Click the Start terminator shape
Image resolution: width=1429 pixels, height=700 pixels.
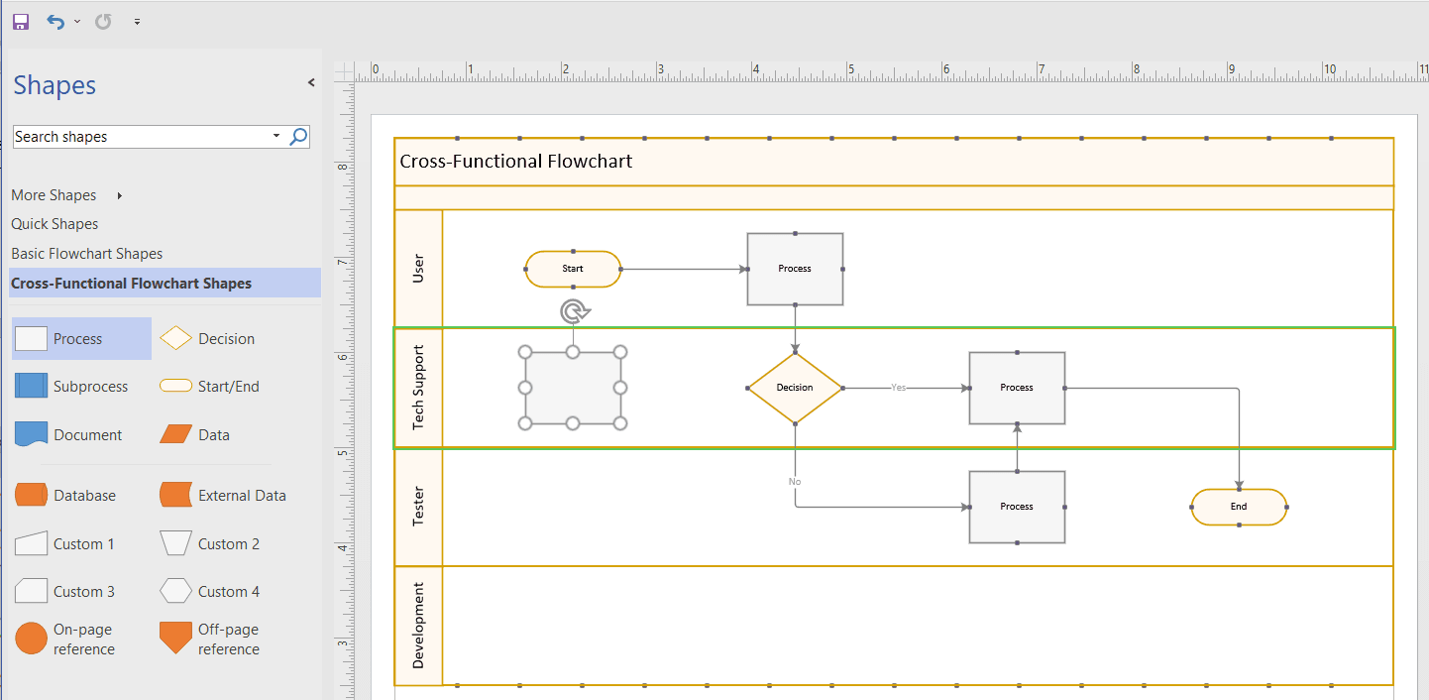coord(573,269)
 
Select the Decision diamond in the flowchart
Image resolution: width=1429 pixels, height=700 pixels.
coord(795,388)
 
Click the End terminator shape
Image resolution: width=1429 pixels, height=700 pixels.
coord(1239,507)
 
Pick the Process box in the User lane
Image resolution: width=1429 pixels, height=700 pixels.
coord(795,269)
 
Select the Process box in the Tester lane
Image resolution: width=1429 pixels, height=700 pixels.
coord(1017,507)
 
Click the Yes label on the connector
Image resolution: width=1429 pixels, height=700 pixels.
coord(898,388)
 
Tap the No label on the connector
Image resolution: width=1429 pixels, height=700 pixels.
coord(795,482)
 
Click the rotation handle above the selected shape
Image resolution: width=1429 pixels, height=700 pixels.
coord(573,312)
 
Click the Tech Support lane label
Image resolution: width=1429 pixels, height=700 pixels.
coord(418,388)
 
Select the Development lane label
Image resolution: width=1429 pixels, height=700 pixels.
coord(418,625)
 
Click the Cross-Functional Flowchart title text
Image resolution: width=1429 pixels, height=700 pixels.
coord(515,162)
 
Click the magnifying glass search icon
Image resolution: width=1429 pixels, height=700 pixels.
coord(298,137)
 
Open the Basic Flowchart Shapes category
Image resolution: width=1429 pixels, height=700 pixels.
coord(87,254)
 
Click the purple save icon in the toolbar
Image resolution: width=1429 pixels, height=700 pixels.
coord(21,21)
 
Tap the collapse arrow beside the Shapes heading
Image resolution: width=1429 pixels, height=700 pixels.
coord(311,83)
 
